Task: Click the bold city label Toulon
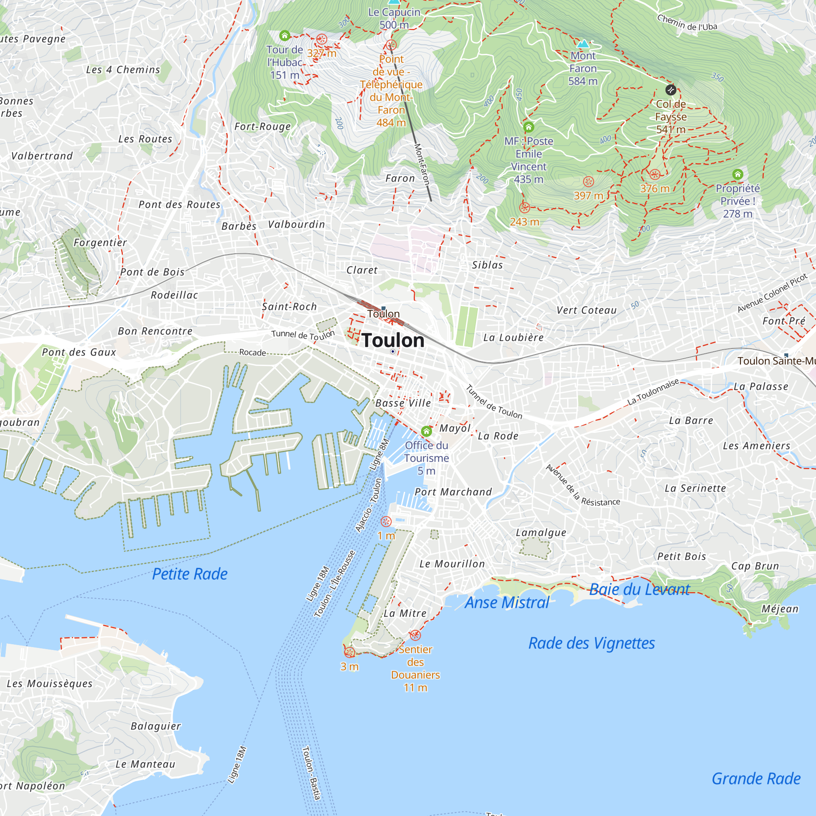[393, 340]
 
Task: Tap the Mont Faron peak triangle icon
[583, 44]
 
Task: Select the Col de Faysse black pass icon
[671, 89]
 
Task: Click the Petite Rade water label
[190, 574]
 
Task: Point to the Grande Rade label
[756, 778]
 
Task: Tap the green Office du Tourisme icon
[427, 431]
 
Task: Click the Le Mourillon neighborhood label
[452, 564]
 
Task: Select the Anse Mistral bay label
[507, 603]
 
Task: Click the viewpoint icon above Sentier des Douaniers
[415, 635]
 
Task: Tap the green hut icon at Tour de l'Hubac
[285, 35]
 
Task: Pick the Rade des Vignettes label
[591, 643]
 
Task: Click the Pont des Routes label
[180, 205]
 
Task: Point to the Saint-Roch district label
[289, 307]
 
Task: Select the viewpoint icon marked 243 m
[525, 208]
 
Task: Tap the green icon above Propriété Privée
[738, 174]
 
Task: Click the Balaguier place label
[155, 726]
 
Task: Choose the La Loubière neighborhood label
[513, 337]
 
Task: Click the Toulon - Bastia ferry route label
[312, 773]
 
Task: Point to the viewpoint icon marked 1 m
[386, 521]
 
